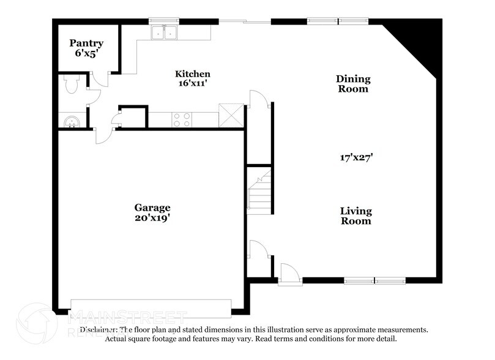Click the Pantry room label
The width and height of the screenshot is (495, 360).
coord(86,43)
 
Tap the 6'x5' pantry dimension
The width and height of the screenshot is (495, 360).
coord(86,53)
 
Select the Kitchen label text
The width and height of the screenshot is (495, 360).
coord(193,74)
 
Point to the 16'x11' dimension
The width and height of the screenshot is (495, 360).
coord(193,84)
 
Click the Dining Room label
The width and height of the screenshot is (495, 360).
coord(353,84)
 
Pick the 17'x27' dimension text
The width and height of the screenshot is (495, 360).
coord(356,157)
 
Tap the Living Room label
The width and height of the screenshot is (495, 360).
coord(355,216)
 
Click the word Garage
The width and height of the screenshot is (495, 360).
coord(152,208)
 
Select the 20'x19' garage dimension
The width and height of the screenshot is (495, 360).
coord(152,217)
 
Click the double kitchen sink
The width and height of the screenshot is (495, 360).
coord(165,32)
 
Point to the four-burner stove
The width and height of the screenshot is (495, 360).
coord(182,119)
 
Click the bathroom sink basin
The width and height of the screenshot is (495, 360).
coord(72,121)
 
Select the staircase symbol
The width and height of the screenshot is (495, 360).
coord(259,191)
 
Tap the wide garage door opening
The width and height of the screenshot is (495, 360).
coord(151,308)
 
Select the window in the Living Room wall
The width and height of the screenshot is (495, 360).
coord(374,281)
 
